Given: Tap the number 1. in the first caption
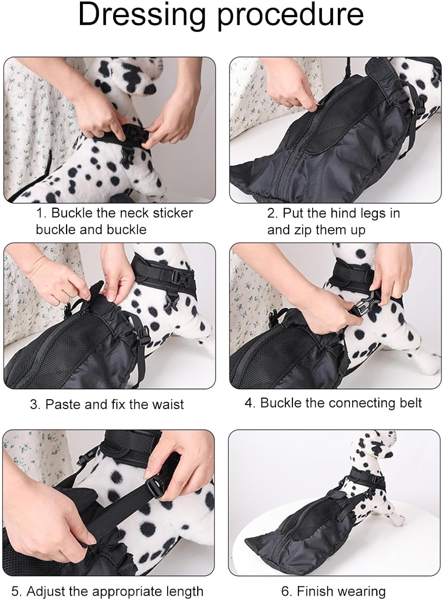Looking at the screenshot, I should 42,213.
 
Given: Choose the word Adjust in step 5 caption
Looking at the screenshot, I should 49,591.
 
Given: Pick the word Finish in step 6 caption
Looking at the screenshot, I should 316,591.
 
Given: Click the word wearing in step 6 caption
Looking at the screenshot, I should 362,591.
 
